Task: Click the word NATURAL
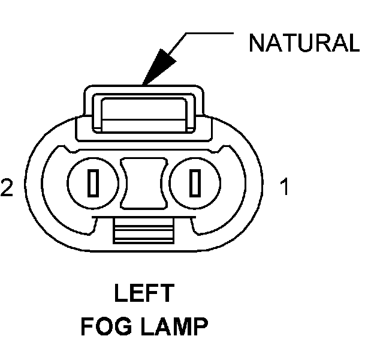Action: tap(304, 43)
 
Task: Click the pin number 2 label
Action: tap(7, 188)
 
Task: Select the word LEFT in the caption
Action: tap(144, 295)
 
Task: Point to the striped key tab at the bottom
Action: tap(144, 232)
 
